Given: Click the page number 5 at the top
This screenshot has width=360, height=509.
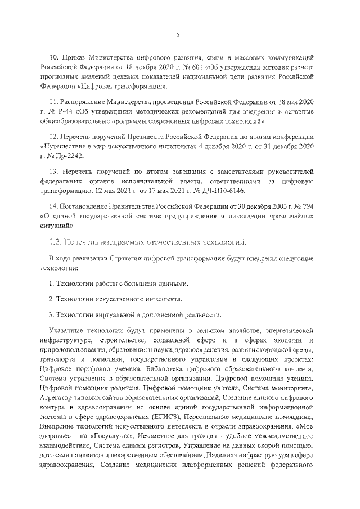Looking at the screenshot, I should pos(178,35).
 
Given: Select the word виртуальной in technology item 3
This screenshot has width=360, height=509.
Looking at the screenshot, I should pos(113,314).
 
